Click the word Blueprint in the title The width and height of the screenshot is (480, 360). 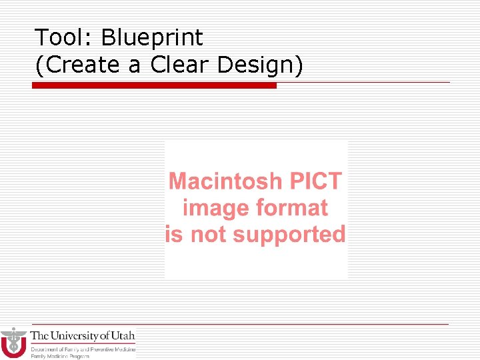click(152, 39)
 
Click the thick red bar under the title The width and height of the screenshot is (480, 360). click(154, 85)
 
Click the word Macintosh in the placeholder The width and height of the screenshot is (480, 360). click(225, 181)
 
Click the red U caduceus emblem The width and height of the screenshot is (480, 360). click(13, 343)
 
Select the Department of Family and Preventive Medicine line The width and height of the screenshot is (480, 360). click(83, 349)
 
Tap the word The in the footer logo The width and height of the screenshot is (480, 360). click(39, 335)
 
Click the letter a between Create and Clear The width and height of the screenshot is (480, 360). click(137, 65)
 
